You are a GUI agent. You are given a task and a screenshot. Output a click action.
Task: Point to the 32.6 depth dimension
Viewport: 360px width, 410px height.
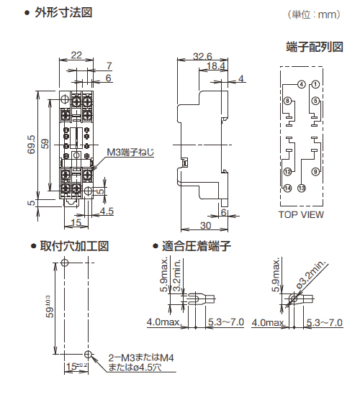pyautogui.click(x=203, y=55)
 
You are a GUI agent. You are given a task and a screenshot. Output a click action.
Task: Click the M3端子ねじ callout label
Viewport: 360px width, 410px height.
pyautogui.click(x=130, y=152)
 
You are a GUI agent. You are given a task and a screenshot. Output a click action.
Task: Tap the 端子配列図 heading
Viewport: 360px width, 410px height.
pyautogui.click(x=313, y=47)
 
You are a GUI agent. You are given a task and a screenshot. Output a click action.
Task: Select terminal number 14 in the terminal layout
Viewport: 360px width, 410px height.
pyautogui.click(x=288, y=188)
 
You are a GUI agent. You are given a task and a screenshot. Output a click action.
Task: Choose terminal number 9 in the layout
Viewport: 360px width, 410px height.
pyautogui.click(x=315, y=172)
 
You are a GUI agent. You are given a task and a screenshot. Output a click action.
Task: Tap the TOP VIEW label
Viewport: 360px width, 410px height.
pyautogui.click(x=301, y=214)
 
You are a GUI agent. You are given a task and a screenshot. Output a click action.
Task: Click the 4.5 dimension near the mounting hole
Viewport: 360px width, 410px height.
pyautogui.click(x=107, y=211)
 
